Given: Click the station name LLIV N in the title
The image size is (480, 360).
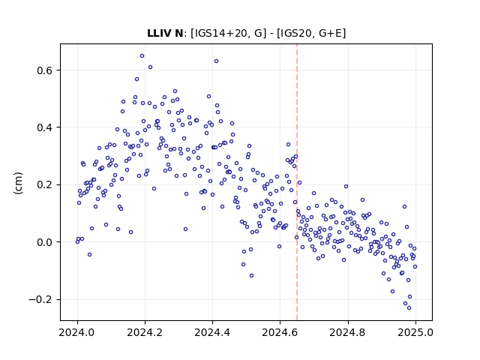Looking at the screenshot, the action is pos(165,33).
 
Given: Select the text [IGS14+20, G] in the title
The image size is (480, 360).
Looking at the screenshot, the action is pos(228,33).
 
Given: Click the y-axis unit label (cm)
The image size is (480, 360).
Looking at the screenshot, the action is pos(18,183).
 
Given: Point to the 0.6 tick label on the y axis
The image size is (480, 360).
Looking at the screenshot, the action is pos(45,70).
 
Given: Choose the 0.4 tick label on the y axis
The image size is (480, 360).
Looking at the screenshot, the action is pos(45,127).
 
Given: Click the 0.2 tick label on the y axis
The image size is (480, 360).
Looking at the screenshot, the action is pos(45,185).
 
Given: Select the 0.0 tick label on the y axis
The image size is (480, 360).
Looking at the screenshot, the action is pos(45,242).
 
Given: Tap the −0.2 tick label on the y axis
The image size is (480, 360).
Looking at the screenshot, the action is pos(40,299).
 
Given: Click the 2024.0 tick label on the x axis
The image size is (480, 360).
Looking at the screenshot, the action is pos(77,332).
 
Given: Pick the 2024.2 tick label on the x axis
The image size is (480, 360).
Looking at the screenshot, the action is pos(145,332).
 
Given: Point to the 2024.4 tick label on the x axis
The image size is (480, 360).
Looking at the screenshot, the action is pos(212,332).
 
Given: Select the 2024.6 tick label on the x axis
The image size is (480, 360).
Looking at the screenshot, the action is pos(280,332).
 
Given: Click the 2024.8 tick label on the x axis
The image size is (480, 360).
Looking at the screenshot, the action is pos(348,332).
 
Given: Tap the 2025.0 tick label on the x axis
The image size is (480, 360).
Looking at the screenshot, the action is pos(415,332).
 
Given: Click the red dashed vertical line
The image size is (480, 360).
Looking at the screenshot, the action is pos(297,182).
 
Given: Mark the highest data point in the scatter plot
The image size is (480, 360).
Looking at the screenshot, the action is pos(142,56).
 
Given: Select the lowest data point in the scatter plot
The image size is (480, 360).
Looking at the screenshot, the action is pos(409,307).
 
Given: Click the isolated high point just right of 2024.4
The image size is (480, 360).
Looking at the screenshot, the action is pos(216,61).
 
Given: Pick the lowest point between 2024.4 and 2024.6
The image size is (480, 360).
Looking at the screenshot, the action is pos(252,275).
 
